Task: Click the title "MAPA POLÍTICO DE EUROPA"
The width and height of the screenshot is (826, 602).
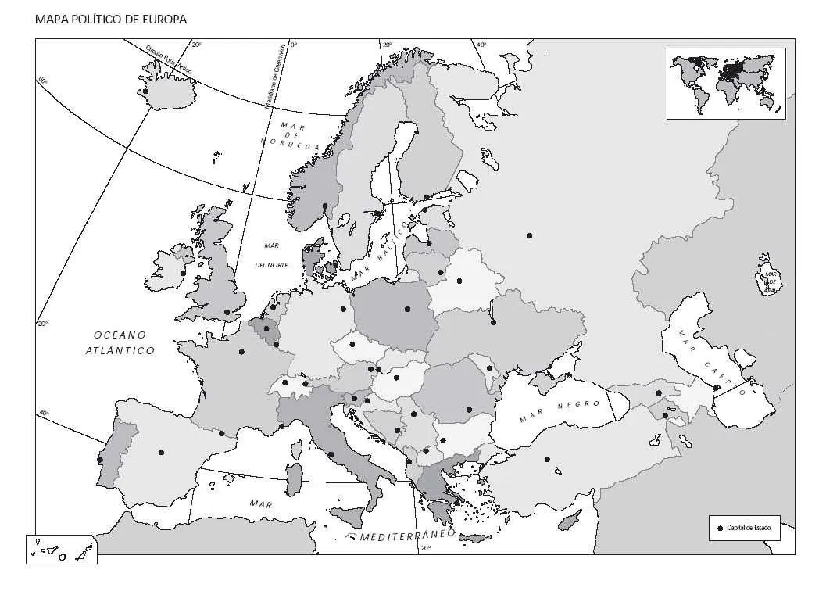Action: (x=111, y=20)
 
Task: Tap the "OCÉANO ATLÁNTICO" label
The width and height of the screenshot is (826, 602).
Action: (x=120, y=342)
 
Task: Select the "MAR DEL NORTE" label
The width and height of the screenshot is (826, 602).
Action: (x=272, y=255)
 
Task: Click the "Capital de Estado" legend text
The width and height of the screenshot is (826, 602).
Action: (x=749, y=528)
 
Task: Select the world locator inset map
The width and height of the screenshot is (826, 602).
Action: (x=726, y=83)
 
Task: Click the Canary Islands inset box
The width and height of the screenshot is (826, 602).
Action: (x=61, y=550)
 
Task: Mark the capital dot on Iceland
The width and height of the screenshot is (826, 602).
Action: (x=145, y=91)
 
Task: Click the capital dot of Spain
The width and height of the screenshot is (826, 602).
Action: (x=161, y=451)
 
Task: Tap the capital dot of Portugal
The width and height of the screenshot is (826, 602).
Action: (x=100, y=460)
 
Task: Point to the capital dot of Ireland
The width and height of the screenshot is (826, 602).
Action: (x=183, y=273)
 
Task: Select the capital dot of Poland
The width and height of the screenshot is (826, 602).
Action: (x=407, y=309)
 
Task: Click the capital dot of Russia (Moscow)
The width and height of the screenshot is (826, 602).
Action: (x=530, y=235)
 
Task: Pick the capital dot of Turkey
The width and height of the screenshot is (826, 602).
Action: (x=547, y=459)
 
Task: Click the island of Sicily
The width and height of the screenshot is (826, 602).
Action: (x=349, y=516)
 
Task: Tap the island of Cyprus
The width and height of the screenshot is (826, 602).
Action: (x=570, y=517)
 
